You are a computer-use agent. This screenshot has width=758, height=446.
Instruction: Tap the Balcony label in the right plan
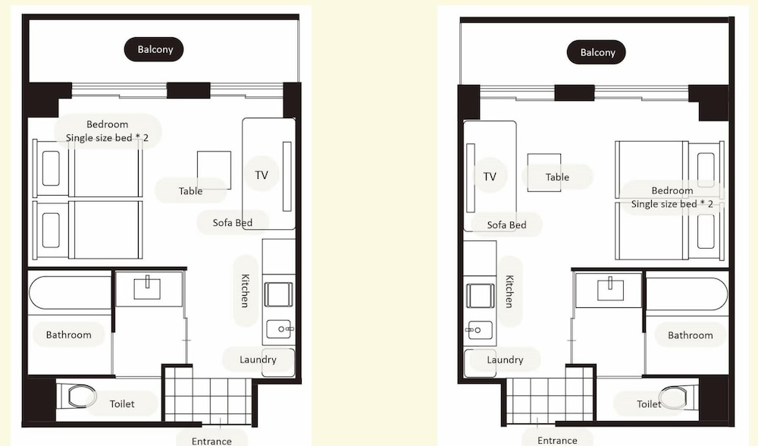click(597, 52)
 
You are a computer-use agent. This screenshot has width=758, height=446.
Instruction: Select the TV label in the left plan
click(262, 175)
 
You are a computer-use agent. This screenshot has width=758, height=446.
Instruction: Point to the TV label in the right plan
click(490, 177)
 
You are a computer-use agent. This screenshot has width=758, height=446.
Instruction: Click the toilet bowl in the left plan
click(81, 396)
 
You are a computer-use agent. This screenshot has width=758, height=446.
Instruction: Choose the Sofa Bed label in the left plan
click(233, 222)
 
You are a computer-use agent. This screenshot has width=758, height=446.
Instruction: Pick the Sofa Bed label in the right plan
click(506, 225)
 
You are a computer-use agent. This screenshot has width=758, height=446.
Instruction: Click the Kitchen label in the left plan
click(245, 291)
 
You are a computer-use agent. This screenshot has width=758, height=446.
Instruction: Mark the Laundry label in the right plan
click(505, 360)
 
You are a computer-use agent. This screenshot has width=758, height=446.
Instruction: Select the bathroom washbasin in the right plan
click(610, 289)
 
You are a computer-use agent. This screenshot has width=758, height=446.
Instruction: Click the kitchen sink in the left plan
click(279, 329)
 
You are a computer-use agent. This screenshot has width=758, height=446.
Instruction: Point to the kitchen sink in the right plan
click(480, 331)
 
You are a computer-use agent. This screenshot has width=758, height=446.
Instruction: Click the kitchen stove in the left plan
click(278, 294)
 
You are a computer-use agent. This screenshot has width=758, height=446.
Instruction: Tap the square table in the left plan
click(214, 170)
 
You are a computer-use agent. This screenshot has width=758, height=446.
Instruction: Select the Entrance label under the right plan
click(557, 441)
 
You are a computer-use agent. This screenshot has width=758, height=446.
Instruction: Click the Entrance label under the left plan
click(211, 441)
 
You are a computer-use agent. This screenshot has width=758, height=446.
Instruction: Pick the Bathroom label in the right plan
click(690, 335)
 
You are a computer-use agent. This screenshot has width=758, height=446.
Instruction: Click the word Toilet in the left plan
click(122, 404)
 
